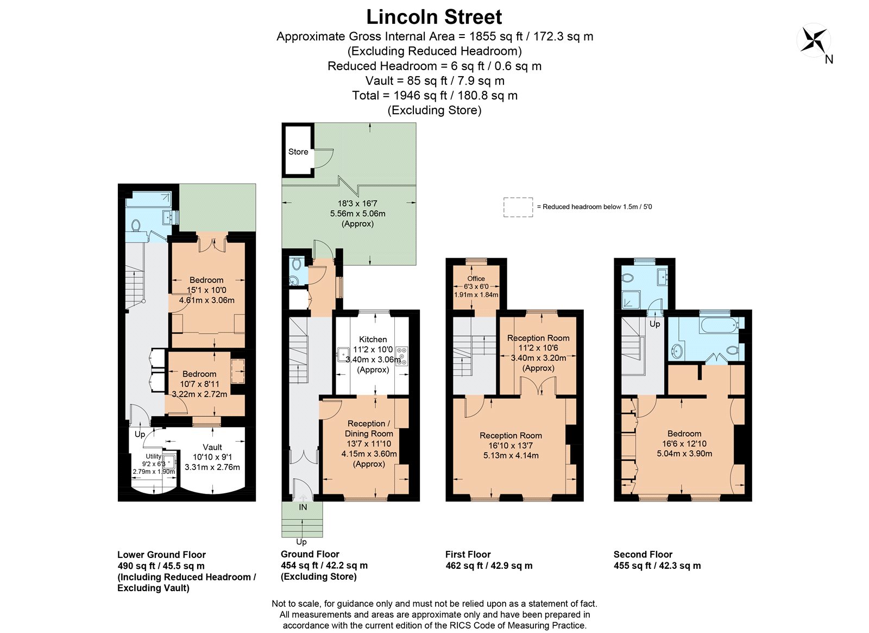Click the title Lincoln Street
(434, 17)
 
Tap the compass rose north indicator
(814, 41)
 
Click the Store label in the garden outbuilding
(298, 152)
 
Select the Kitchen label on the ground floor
(373, 339)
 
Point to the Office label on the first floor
(476, 278)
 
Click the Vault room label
(212, 447)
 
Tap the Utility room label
(153, 456)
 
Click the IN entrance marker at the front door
(303, 507)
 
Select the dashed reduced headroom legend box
(518, 207)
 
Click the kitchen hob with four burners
(401, 356)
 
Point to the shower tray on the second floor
(631, 298)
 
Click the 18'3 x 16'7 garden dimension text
(357, 203)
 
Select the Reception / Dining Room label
(369, 428)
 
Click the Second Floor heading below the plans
(643, 554)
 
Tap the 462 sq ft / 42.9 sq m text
(488, 566)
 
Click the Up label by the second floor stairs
(655, 324)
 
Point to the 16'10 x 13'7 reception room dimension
(511, 446)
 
